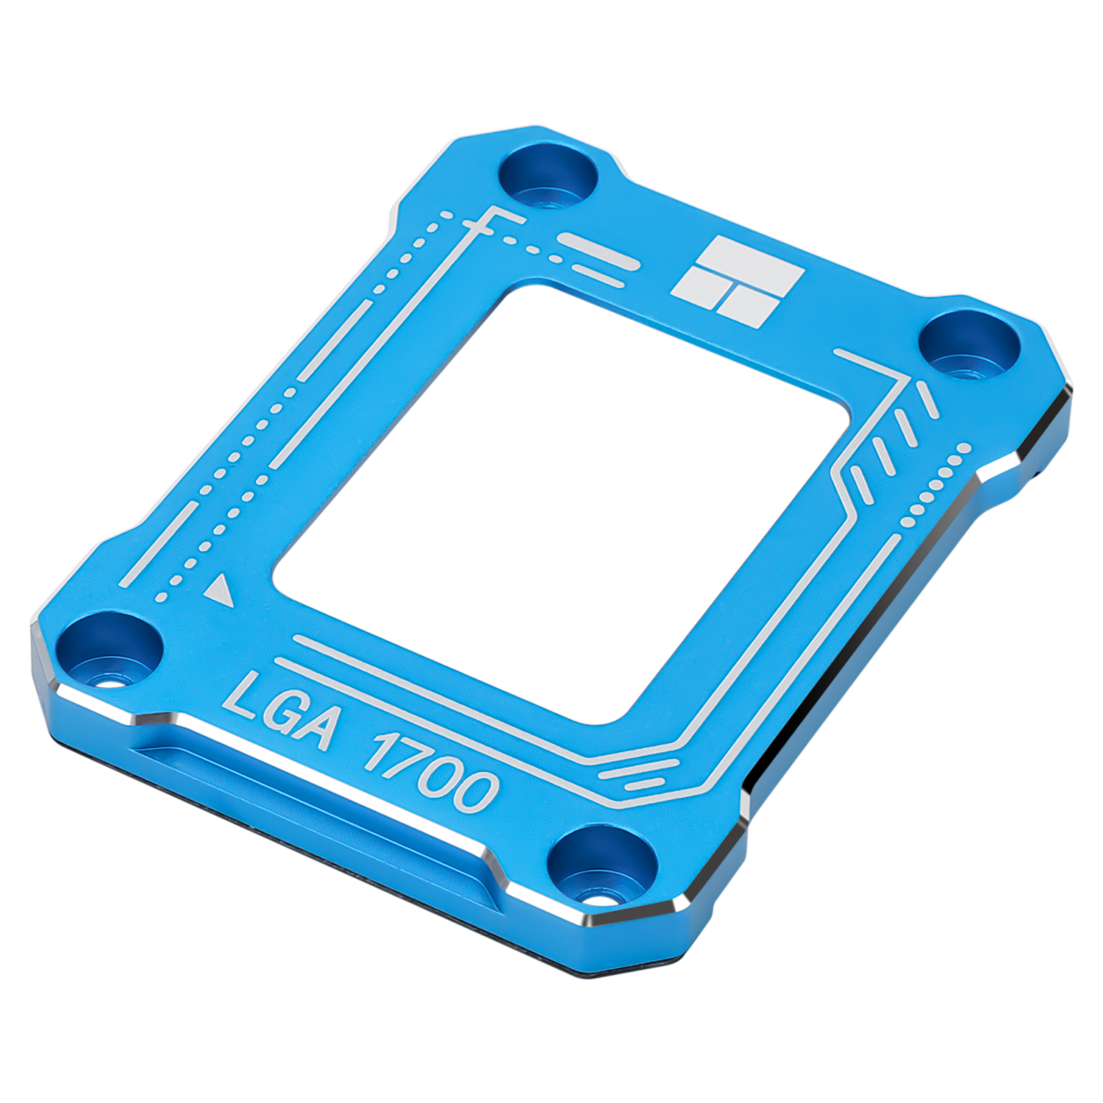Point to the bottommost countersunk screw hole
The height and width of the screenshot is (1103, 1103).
[x=603, y=863]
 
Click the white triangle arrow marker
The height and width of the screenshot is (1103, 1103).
[x=219, y=591]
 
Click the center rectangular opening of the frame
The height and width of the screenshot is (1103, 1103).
[x=563, y=500]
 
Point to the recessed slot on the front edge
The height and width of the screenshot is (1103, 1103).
[x=309, y=798]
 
